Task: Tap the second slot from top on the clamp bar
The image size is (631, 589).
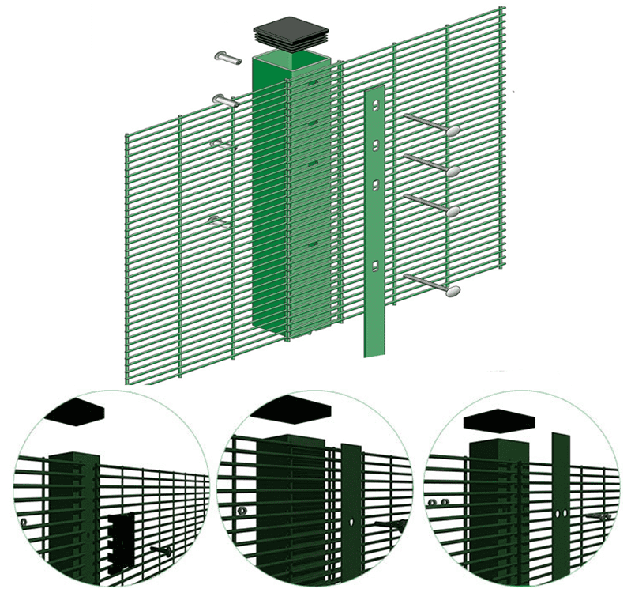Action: click(x=376, y=145)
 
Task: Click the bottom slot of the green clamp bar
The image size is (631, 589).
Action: click(x=377, y=267)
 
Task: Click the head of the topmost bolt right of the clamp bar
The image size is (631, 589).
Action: click(x=453, y=131)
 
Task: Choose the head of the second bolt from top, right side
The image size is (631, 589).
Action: click(x=453, y=171)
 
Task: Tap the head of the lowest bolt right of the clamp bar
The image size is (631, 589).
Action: click(x=453, y=292)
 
